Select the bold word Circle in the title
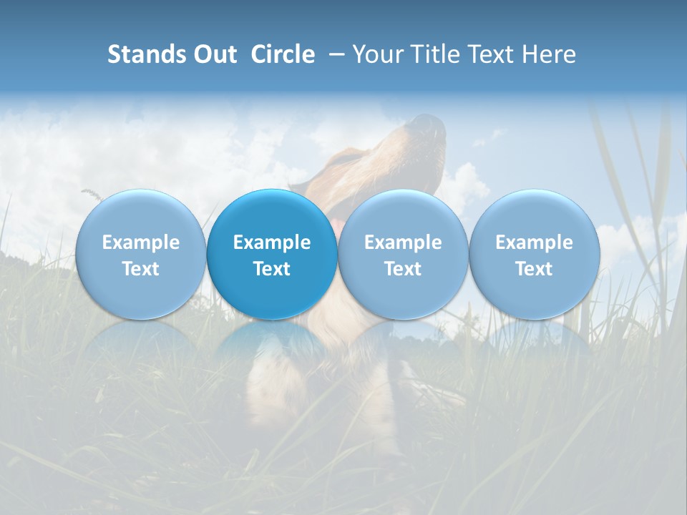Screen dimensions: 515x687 tap(283, 54)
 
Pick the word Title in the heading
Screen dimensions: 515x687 tap(432, 54)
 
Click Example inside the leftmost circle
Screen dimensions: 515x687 tap(140, 242)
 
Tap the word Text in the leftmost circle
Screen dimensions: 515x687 tap(140, 269)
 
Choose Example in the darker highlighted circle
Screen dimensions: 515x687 tap(272, 242)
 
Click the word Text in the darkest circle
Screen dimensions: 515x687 tap(272, 269)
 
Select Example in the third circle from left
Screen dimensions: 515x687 tap(403, 242)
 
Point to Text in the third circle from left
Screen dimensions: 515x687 tap(403, 269)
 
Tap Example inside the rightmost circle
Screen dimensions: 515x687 tap(534, 242)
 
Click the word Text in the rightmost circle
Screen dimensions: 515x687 tap(534, 269)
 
